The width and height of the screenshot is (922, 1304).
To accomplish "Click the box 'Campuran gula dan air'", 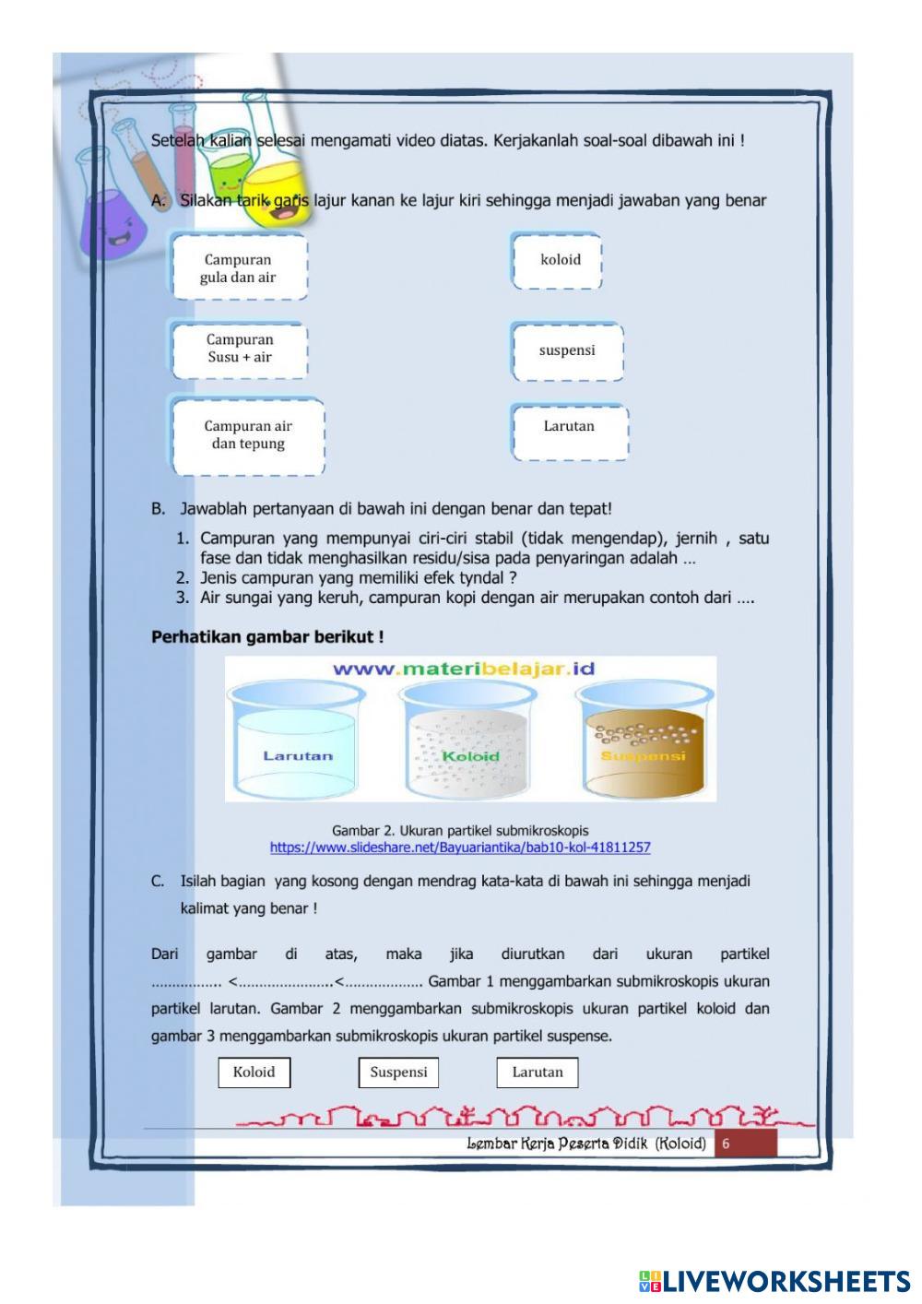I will click(x=239, y=267).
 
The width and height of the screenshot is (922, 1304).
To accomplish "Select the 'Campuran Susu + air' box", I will click(x=239, y=349).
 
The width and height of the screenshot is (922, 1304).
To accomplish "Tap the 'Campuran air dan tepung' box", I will click(x=247, y=434).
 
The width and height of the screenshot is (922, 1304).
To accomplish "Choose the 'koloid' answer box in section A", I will click(x=559, y=260).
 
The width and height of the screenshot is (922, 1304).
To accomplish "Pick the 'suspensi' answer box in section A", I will click(x=567, y=350).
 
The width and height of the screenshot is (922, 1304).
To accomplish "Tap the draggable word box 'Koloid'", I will click(x=254, y=1072).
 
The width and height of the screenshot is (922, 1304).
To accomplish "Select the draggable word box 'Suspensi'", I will click(x=398, y=1072).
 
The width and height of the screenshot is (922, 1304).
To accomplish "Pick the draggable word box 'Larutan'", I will click(x=538, y=1072).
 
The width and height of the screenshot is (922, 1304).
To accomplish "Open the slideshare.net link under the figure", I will click(x=460, y=847).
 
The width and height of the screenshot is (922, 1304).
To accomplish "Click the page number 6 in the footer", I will click(x=727, y=1144).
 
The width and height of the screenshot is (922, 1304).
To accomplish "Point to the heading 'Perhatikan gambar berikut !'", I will click(x=267, y=636).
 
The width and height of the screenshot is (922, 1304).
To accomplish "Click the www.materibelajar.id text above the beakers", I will click(x=464, y=669).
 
